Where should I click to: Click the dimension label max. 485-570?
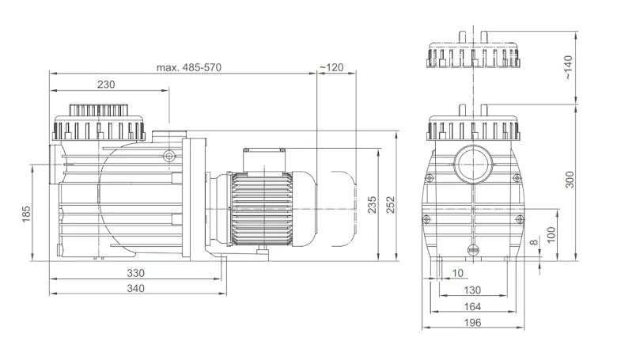tap(189, 67)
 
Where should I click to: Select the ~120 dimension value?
tap(331, 67)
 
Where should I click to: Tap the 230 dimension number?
tap(106, 84)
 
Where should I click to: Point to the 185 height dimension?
tap(26, 214)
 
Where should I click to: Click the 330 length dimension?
tap(135, 273)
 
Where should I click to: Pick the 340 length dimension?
tap(135, 288)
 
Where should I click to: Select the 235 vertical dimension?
tap(372, 205)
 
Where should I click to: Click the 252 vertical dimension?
tap(390, 205)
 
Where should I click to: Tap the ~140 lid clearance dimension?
tap(568, 68)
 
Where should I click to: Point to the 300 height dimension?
tap(569, 180)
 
